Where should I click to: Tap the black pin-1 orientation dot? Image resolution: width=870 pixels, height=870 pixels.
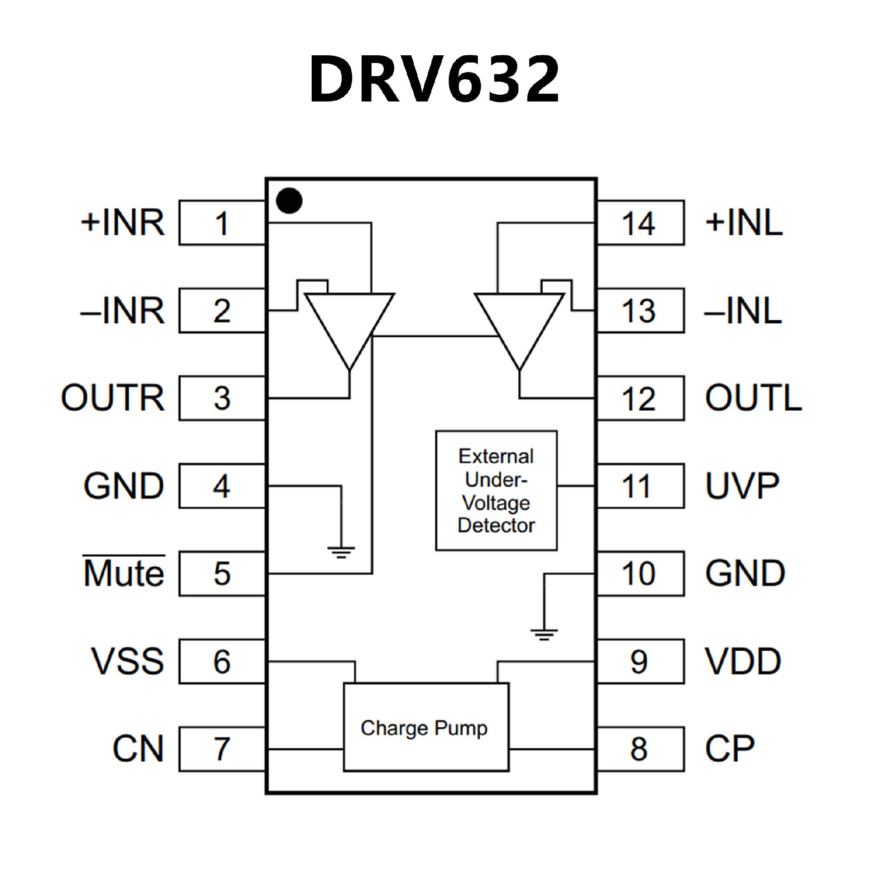[x=289, y=200]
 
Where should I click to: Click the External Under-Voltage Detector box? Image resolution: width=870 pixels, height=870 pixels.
[x=496, y=491]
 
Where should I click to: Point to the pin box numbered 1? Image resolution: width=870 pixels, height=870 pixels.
[x=222, y=223]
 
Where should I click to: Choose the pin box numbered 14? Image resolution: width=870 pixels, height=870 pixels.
[x=640, y=223]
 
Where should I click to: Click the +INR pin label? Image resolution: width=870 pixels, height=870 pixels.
[x=122, y=223]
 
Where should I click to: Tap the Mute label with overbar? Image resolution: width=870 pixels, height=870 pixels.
[x=124, y=573]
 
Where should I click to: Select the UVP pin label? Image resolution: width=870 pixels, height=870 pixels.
[x=742, y=486]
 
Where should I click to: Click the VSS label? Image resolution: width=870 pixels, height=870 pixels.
[x=127, y=661]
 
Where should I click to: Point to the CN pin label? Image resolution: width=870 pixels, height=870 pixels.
[x=138, y=749]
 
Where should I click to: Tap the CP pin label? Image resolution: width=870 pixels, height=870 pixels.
[x=730, y=749]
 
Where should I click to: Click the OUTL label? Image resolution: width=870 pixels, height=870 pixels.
[x=753, y=398]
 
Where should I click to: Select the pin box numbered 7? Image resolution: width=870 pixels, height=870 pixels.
[x=222, y=749]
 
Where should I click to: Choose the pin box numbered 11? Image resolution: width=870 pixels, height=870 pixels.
[x=640, y=486]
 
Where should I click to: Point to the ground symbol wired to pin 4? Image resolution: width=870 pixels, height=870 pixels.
[x=341, y=552]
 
